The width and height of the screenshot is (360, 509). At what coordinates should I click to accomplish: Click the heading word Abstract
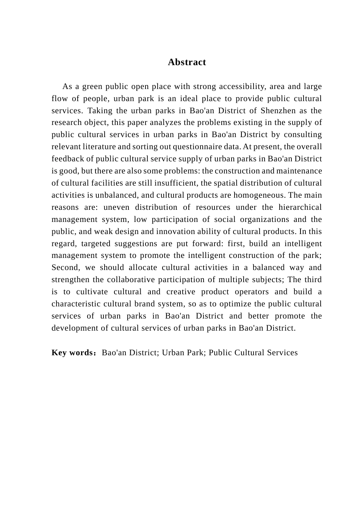(187, 62)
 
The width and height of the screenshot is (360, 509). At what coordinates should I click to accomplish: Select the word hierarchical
(300, 207)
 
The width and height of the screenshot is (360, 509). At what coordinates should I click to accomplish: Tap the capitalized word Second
(65, 267)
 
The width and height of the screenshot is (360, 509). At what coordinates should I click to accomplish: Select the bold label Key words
(72, 353)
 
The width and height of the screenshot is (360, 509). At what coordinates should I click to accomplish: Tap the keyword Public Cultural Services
(253, 353)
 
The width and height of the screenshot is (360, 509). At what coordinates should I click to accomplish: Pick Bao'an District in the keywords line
(130, 353)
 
